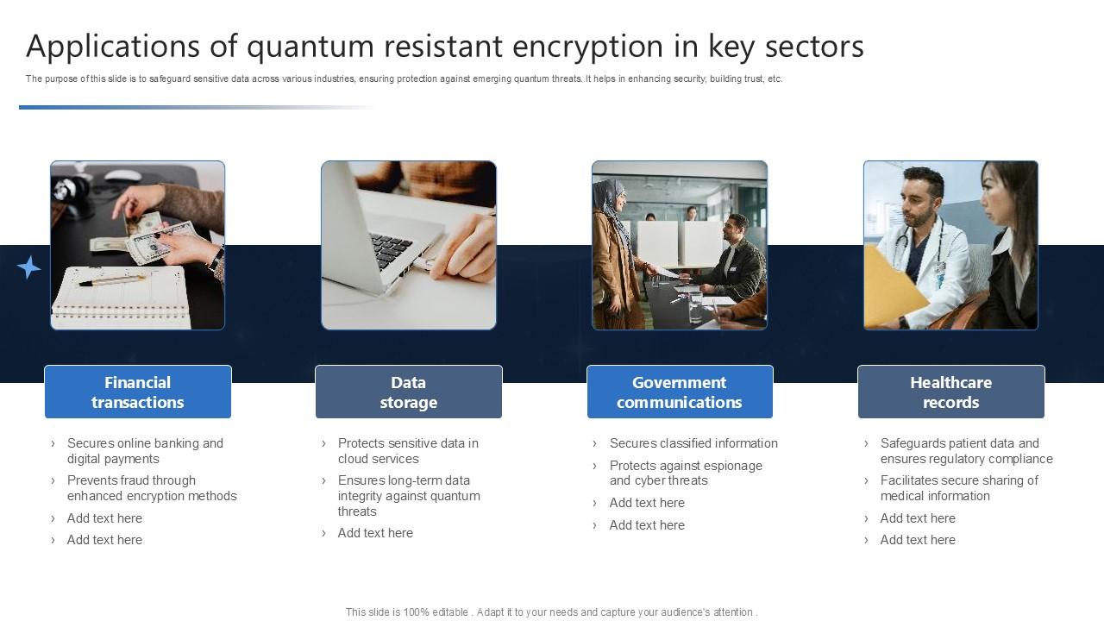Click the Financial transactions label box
coord(138,392)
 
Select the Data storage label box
coord(409,392)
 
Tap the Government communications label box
coord(680,392)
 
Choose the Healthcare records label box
coord(950,392)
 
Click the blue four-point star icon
coord(28,267)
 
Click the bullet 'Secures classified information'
coord(693,443)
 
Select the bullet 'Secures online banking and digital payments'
coord(145,451)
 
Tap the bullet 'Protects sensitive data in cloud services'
coord(407,451)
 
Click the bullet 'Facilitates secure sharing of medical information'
coord(958,488)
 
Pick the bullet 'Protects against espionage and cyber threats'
coord(685,473)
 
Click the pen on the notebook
coord(112,279)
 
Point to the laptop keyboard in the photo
coord(392,249)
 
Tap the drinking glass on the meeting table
coord(696,306)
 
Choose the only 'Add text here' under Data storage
coord(375,533)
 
